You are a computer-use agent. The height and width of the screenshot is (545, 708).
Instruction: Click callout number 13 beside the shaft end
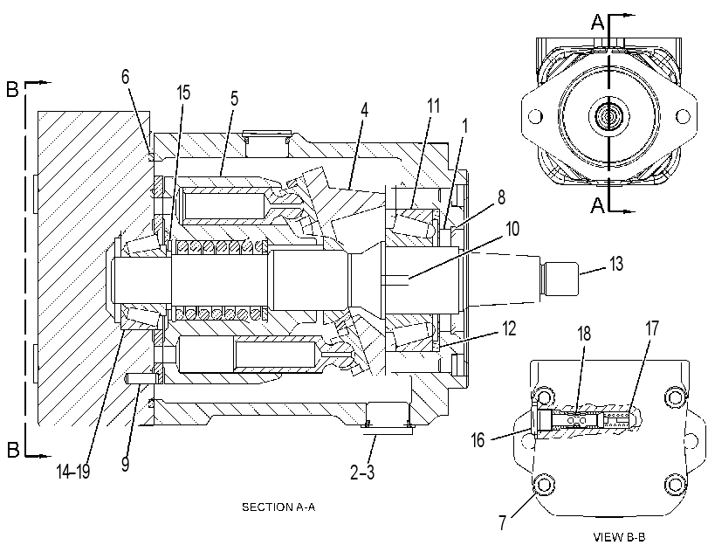pyautogui.click(x=616, y=264)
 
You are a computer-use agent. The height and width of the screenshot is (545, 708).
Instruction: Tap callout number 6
pyautogui.click(x=125, y=77)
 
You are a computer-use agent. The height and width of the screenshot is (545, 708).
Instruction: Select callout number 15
pyautogui.click(x=183, y=93)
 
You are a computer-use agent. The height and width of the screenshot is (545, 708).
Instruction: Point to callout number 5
pyautogui.click(x=234, y=99)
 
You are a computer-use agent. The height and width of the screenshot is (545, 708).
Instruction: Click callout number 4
pyautogui.click(x=364, y=110)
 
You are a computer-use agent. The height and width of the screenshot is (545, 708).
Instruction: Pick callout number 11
pyautogui.click(x=433, y=106)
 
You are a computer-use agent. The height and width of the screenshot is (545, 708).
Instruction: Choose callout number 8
pyautogui.click(x=501, y=197)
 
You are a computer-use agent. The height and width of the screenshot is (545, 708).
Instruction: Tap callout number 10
pyautogui.click(x=512, y=229)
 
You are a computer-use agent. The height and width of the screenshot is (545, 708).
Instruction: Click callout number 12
pyautogui.click(x=509, y=328)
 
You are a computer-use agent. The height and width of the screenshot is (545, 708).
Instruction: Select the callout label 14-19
pyautogui.click(x=73, y=472)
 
